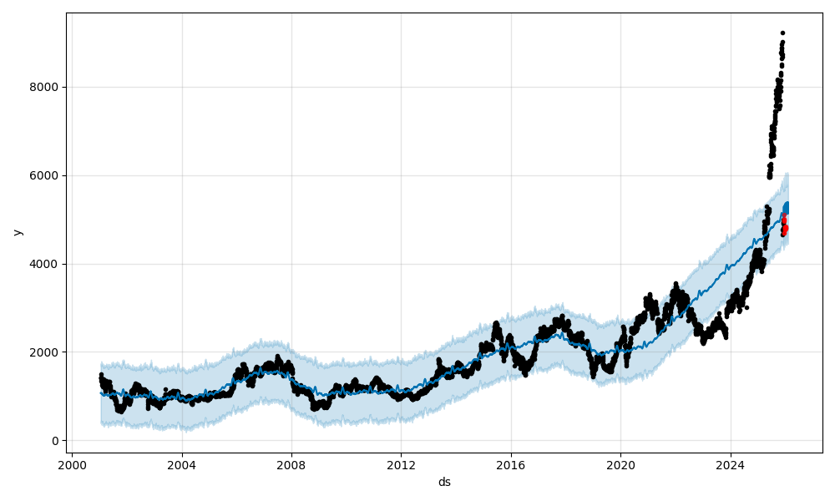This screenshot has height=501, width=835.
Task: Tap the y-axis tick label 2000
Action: click(43, 352)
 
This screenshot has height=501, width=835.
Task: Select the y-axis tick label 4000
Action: click(43, 264)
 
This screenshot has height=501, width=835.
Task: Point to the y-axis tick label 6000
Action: click(43, 175)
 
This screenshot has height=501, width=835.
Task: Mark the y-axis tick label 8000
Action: click(43, 87)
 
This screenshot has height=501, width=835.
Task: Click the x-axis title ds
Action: click(444, 482)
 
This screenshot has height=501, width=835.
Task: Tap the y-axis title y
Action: click(17, 232)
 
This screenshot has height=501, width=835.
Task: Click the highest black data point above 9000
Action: click(782, 33)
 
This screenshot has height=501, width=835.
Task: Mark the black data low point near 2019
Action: click(594, 375)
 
